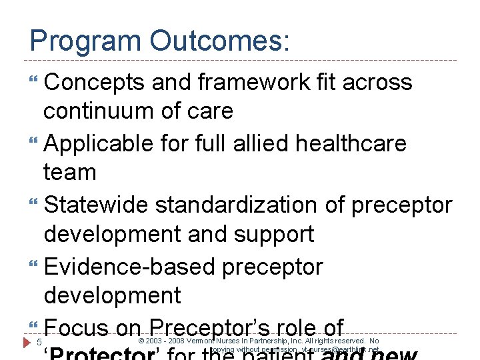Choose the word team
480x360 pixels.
[x=70, y=173]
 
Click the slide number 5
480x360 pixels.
[x=39, y=343]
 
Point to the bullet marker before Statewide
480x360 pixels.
[x=34, y=205]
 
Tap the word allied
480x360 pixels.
[x=252, y=143]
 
